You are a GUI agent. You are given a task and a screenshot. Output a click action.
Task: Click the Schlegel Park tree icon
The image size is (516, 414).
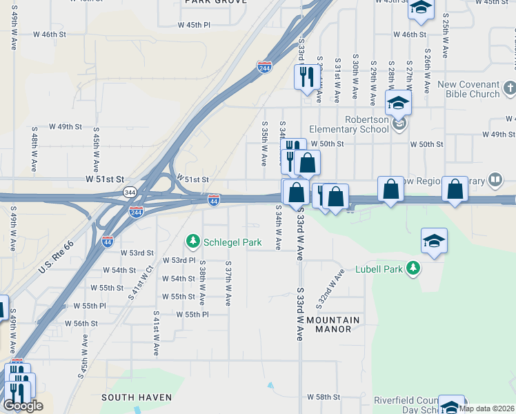click(x=193, y=241)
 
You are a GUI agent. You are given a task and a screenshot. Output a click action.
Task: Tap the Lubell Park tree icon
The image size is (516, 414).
click(x=413, y=268)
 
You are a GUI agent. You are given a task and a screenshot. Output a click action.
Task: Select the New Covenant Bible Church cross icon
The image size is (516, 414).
click(x=509, y=88)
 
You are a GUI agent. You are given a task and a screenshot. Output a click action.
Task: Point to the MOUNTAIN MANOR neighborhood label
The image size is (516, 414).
click(x=333, y=324)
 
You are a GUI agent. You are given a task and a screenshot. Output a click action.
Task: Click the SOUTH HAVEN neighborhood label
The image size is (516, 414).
click(x=132, y=397)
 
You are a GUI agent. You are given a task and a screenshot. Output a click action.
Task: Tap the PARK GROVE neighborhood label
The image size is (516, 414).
click(x=211, y=3)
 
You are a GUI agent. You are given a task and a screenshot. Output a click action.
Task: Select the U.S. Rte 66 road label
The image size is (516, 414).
click(x=55, y=255)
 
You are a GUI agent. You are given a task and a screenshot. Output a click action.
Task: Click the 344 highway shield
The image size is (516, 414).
click(x=129, y=190)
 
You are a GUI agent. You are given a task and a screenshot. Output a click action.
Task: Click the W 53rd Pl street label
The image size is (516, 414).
click(x=179, y=260)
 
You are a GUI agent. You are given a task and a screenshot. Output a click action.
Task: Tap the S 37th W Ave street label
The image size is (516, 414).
click(x=228, y=283)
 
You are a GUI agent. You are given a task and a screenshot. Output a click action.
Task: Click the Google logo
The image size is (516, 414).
click(x=23, y=406)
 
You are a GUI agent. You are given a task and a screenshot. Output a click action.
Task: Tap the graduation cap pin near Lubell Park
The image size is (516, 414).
click(x=434, y=242)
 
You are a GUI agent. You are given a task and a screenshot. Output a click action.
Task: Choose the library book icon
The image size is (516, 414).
click(x=495, y=180)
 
